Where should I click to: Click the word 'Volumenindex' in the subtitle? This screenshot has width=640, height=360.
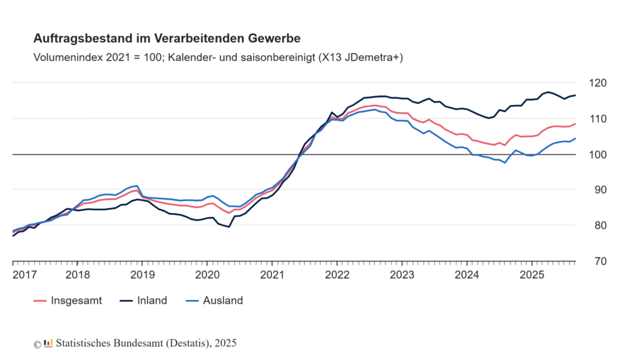[64, 57]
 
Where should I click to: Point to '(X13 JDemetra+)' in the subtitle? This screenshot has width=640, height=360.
[360, 57]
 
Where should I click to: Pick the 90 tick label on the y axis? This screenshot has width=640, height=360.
[596, 190]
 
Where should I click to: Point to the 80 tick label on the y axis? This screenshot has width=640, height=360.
[596, 226]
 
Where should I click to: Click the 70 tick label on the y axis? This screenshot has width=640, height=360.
[596, 261]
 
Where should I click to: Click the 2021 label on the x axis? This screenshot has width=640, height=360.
[272, 274]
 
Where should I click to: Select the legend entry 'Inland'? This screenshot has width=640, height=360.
[152, 301]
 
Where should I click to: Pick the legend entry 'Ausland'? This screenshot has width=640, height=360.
[222, 301]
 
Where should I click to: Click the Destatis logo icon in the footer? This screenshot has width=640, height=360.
[48, 343]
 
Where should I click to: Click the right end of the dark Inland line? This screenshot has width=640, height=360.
[575, 95]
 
